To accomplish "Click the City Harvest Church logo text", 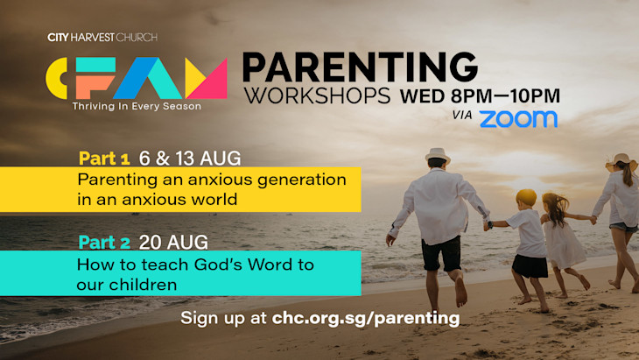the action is click(x=102, y=38).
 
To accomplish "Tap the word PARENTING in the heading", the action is click(x=361, y=67).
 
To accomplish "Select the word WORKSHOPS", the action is click(x=317, y=95).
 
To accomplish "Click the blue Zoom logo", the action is click(x=518, y=119).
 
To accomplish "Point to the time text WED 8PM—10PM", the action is click(x=480, y=96).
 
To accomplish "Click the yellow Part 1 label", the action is click(x=104, y=159).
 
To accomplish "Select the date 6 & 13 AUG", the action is click(x=190, y=159).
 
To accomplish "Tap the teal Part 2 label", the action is click(x=104, y=243).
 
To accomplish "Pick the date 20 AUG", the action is click(x=173, y=243).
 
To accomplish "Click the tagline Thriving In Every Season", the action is click(x=137, y=106).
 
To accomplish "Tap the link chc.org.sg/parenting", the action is click(x=366, y=319).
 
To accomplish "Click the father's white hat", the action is click(x=438, y=156).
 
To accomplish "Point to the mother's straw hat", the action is click(x=621, y=161).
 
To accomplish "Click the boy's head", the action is click(x=526, y=199).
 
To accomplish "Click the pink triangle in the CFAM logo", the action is click(x=211, y=82).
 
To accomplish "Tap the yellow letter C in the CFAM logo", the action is click(x=57, y=78).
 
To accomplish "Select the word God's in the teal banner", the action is click(x=219, y=265).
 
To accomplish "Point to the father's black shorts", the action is click(x=441, y=253).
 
